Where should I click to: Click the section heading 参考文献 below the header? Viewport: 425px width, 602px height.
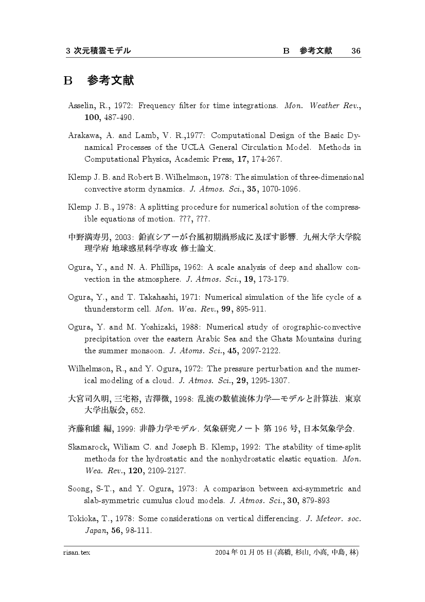[x=111, y=81]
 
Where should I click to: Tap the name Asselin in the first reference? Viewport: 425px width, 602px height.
[x=81, y=106]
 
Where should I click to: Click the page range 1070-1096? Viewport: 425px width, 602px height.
[x=280, y=188]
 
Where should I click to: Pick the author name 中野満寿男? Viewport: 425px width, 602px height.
[x=86, y=237]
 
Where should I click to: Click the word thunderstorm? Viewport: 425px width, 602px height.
[x=110, y=309]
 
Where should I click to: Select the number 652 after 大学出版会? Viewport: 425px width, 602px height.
[x=137, y=410]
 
